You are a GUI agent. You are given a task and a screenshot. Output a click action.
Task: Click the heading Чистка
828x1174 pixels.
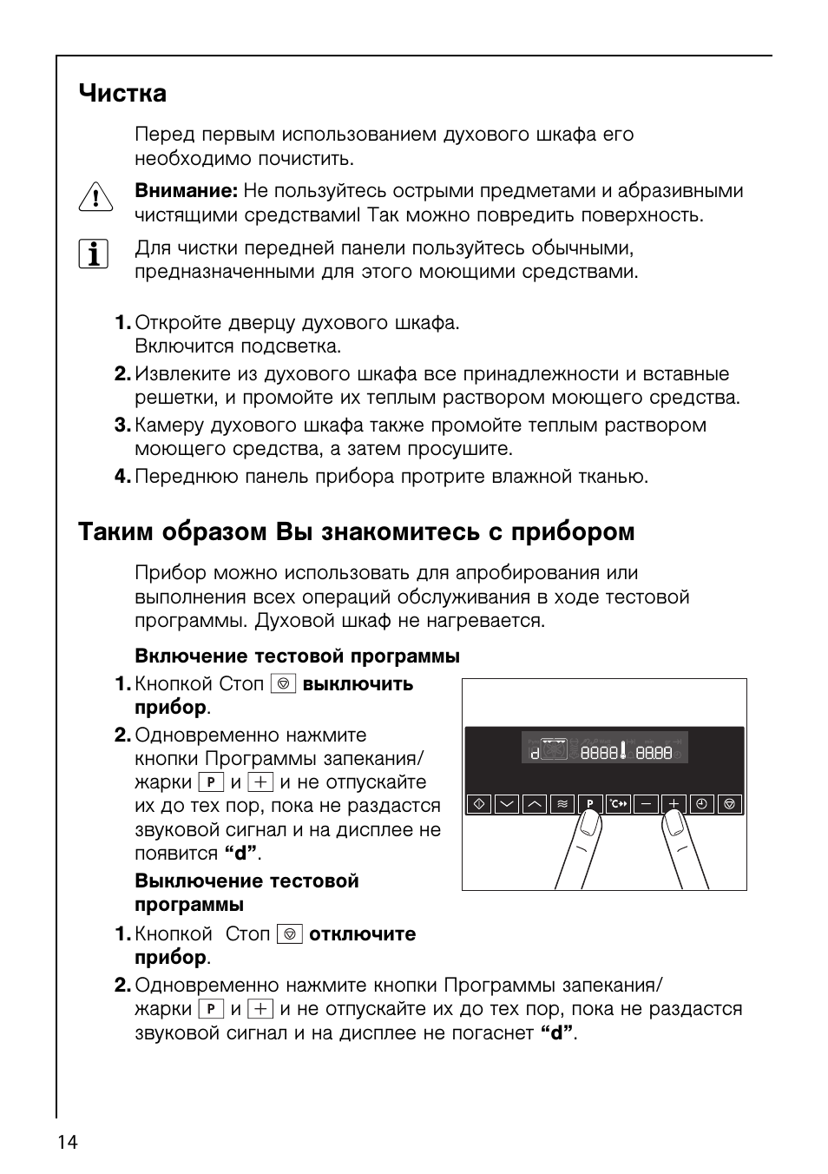122,94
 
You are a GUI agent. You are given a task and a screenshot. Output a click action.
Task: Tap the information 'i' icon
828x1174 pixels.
94,254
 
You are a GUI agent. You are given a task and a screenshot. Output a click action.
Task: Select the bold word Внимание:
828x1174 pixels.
186,191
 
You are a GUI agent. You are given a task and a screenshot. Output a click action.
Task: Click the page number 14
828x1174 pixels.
68,1142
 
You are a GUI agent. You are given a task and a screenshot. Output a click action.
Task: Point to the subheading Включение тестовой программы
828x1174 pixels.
297,656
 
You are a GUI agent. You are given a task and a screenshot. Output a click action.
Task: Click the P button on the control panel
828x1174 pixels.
589,804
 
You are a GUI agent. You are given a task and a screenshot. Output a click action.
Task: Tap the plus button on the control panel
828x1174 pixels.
674,804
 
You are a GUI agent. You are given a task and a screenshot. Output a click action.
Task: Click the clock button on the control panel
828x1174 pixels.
702,804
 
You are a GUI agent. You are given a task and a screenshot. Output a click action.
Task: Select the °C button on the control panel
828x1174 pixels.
617,804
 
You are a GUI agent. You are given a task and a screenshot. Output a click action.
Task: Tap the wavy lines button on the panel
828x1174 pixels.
562,804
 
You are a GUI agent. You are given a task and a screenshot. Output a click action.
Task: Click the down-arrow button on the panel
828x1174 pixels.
506,804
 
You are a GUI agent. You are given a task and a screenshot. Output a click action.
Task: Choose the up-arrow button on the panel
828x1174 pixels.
534,804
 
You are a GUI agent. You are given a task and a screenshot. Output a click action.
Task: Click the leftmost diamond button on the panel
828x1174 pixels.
478,804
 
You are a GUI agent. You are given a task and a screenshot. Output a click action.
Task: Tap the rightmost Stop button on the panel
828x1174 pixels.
730,804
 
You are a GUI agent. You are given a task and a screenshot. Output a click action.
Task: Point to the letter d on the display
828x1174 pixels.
535,753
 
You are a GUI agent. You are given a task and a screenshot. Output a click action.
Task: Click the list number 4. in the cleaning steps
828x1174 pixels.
122,477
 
